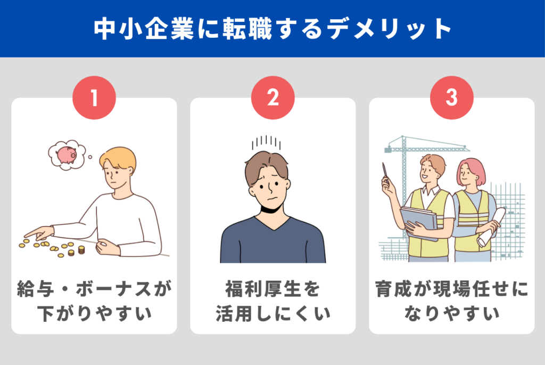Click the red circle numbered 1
[94, 98]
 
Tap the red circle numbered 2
[273, 98]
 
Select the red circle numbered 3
[451, 98]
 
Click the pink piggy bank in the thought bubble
[67, 155]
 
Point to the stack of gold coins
[81, 249]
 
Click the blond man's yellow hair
[118, 158]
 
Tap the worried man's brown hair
[266, 166]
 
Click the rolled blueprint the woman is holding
[491, 228]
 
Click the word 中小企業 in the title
[144, 29]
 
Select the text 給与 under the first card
[35, 289]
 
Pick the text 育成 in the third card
[393, 289]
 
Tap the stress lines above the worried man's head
[266, 142]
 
